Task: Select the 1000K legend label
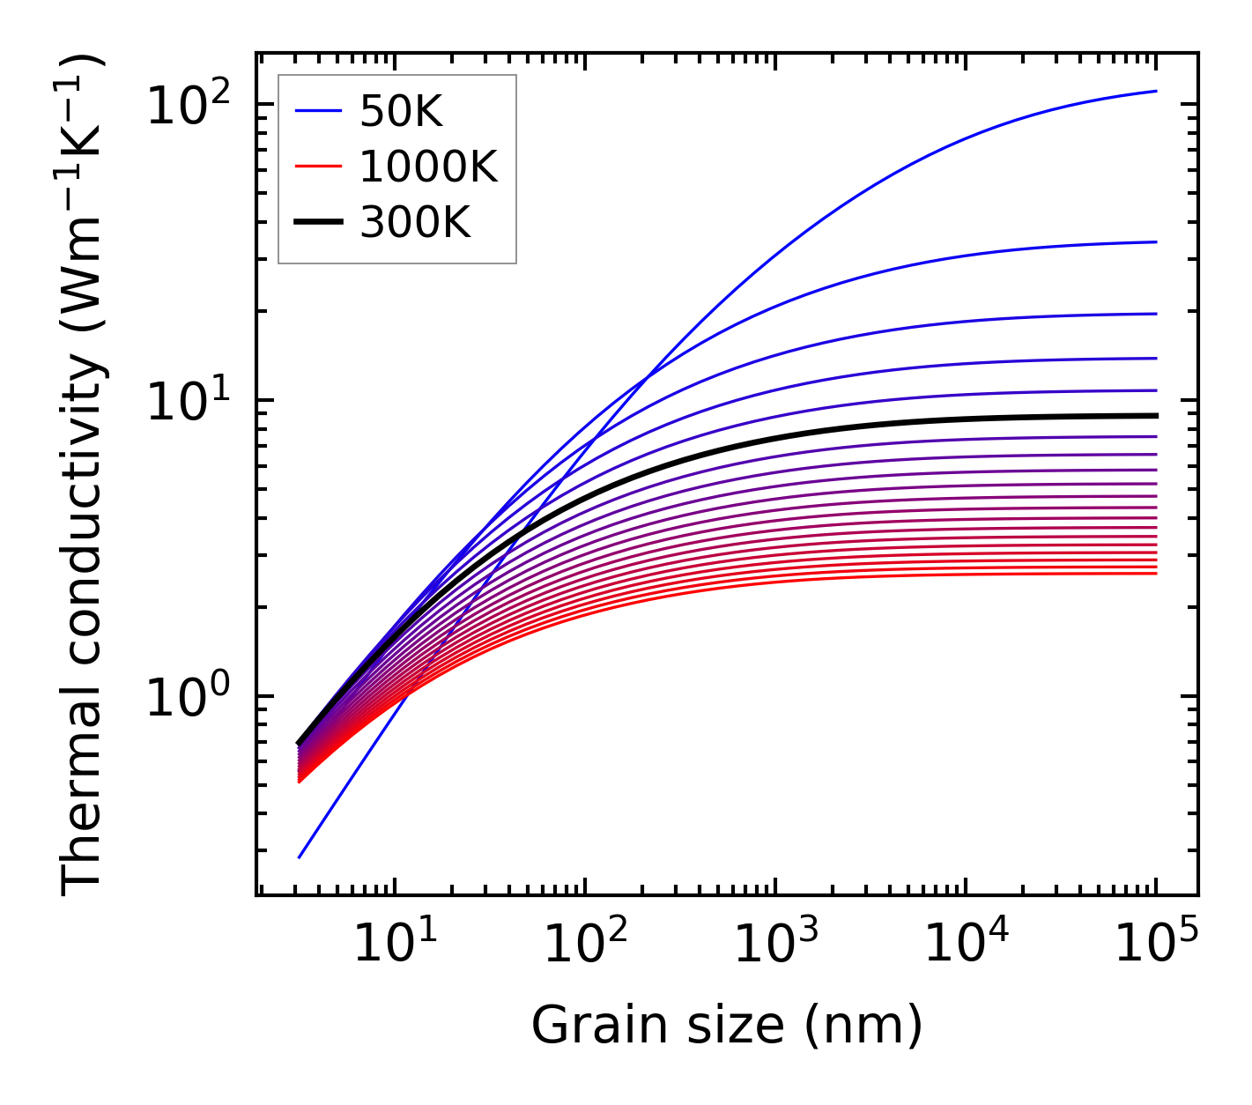point(428,167)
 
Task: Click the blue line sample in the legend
point(317,111)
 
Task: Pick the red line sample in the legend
point(317,167)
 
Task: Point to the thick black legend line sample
point(317,223)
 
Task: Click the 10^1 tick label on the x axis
point(395,944)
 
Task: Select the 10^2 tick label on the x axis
point(585,944)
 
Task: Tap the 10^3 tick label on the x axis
point(775,944)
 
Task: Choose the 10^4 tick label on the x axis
point(966,944)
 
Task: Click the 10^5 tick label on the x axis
point(1156,944)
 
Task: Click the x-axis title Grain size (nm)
point(727,1026)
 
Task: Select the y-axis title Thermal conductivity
point(83,474)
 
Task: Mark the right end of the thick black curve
point(1156,415)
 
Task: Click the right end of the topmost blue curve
point(1156,91)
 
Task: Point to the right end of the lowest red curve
point(1156,574)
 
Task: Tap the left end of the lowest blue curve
point(300,857)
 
